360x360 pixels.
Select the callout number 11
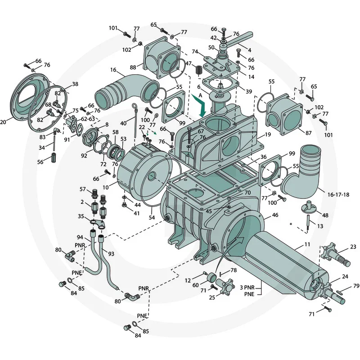pos(307,244)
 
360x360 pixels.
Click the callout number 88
pos(133,67)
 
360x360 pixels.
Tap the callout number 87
pos(308,133)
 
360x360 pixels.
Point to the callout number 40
pos(123,123)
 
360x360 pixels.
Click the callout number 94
pos(80,237)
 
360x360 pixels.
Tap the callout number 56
pos(41,162)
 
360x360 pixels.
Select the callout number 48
pos(325,216)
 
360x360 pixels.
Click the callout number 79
pos(356,286)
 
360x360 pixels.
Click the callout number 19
pos(267,135)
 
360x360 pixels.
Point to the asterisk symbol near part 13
pos(292,224)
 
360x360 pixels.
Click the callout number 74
pos(195,52)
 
